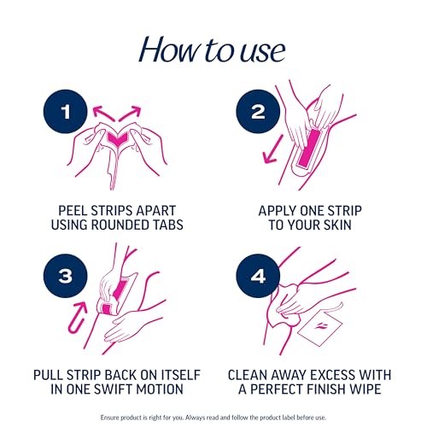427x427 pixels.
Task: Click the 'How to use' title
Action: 213,50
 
